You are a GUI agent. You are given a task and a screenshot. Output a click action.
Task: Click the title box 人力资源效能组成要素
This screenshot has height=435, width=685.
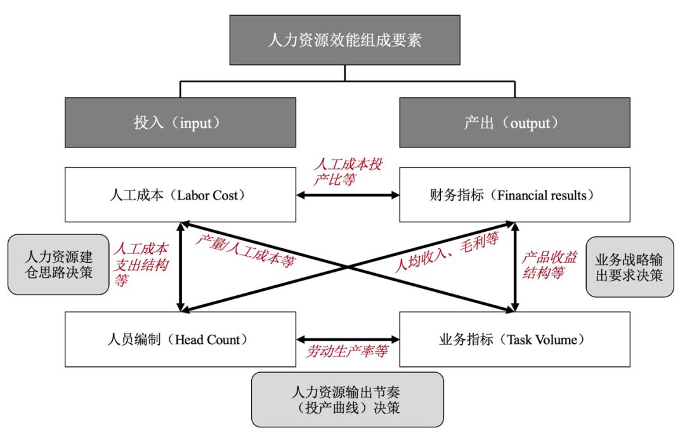pos(344,41)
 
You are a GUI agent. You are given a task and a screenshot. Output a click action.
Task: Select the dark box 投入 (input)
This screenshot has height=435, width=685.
pos(180,123)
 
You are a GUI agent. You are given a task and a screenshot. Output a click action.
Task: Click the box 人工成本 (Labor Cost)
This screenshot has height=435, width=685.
pos(180,195)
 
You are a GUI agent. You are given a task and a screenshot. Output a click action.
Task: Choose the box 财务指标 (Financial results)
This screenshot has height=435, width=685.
pos(514,195)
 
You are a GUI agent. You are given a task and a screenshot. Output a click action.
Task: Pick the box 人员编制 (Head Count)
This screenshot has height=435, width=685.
pos(180,339)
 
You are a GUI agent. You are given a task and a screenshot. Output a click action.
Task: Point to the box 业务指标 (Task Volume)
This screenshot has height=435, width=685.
pos(514,339)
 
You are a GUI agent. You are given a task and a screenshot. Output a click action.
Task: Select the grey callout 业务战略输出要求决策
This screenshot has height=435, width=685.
pos(629,267)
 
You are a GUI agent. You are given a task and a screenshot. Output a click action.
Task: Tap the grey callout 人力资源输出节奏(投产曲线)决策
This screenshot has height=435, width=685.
pos(347,399)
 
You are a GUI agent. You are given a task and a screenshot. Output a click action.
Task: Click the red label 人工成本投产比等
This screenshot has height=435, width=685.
pos(348,172)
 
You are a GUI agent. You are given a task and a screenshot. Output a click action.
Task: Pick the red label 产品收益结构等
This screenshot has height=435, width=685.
pos(551,265)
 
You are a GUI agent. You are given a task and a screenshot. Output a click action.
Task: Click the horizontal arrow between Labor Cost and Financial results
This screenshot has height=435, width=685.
pos(348,195)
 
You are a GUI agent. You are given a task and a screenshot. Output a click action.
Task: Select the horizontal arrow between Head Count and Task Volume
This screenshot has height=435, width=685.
pos(348,339)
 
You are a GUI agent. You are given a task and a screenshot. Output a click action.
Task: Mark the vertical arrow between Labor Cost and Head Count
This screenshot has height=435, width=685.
pos(181,267)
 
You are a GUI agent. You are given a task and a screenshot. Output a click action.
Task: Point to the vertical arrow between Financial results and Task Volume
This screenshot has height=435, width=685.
pos(515,267)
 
